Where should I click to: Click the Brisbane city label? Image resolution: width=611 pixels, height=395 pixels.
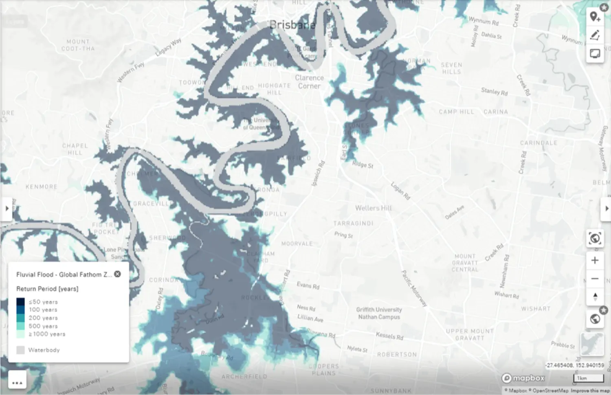pos(292,25)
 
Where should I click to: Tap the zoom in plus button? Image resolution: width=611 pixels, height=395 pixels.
pos(595,260)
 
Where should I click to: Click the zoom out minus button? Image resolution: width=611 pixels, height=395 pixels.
pos(595,279)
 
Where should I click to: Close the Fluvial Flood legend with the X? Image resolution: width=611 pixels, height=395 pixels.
pos(117,274)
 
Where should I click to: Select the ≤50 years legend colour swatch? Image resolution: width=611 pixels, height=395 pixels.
pos(21,302)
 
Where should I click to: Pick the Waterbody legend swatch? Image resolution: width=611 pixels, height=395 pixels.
pos(20,350)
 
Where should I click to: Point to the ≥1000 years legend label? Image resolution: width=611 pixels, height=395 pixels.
pos(47,334)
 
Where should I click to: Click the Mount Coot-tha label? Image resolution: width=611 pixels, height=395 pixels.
pos(78,45)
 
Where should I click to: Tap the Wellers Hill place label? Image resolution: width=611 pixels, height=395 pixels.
pos(373,208)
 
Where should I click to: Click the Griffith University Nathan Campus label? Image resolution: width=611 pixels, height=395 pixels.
pos(379,313)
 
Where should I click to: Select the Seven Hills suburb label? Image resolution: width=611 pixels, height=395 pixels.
pos(451,68)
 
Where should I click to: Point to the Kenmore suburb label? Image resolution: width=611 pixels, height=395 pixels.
pos(41,187)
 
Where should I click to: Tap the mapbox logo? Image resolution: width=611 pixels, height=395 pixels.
pos(523,378)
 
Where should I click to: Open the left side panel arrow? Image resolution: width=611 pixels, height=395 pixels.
pos(7,208)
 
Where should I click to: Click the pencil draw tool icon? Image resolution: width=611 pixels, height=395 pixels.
pos(595,35)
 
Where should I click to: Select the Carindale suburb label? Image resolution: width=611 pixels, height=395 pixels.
pos(538,143)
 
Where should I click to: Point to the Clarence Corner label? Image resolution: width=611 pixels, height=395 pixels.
pos(309,81)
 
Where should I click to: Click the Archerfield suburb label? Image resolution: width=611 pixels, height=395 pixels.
pos(244,377)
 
